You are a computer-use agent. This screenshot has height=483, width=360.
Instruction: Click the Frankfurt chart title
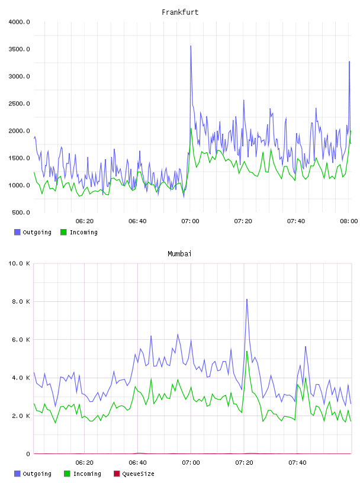pyautogui.click(x=180, y=12)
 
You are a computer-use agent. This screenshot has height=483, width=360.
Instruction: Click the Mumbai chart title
pyautogui.click(x=179, y=254)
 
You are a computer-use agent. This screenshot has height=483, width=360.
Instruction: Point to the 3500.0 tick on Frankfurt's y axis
pyautogui.click(x=20, y=49)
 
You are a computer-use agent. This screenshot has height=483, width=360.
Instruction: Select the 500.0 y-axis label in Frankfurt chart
pyautogui.click(x=21, y=212)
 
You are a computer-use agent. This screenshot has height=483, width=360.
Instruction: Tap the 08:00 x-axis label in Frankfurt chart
pyautogui.click(x=349, y=221)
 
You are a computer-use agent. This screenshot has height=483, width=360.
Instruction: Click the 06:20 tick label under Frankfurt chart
pyautogui.click(x=85, y=221)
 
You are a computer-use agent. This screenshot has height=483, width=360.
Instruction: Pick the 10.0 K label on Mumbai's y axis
pyautogui.click(x=20, y=263)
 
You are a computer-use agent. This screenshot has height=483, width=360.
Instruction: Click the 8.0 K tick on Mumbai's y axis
pyautogui.click(x=21, y=301)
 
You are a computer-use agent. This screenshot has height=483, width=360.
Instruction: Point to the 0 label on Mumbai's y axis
pyautogui.click(x=28, y=454)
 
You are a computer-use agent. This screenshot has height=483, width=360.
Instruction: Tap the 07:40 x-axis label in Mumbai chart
pyautogui.click(x=297, y=463)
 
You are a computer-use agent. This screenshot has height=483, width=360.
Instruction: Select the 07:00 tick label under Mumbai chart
pyautogui.click(x=191, y=463)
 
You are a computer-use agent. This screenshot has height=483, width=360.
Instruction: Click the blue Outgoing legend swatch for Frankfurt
pyautogui.click(x=17, y=232)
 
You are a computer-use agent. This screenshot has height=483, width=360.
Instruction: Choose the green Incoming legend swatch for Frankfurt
pyautogui.click(x=63, y=232)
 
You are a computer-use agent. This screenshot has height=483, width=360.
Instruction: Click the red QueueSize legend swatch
pyautogui.click(x=117, y=474)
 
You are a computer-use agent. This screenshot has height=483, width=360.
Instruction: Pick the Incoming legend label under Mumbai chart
pyautogui.click(x=87, y=474)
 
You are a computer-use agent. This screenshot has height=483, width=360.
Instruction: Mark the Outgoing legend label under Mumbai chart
pyautogui.click(x=37, y=474)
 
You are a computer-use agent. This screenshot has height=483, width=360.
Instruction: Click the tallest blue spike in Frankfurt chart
pyautogui.click(x=191, y=46)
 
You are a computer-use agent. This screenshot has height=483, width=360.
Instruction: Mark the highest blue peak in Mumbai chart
pyautogui.click(x=247, y=300)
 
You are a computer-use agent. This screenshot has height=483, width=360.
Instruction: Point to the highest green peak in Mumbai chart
pyautogui.click(x=247, y=352)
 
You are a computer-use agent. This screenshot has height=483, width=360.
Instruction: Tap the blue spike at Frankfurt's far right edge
pyautogui.click(x=349, y=62)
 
